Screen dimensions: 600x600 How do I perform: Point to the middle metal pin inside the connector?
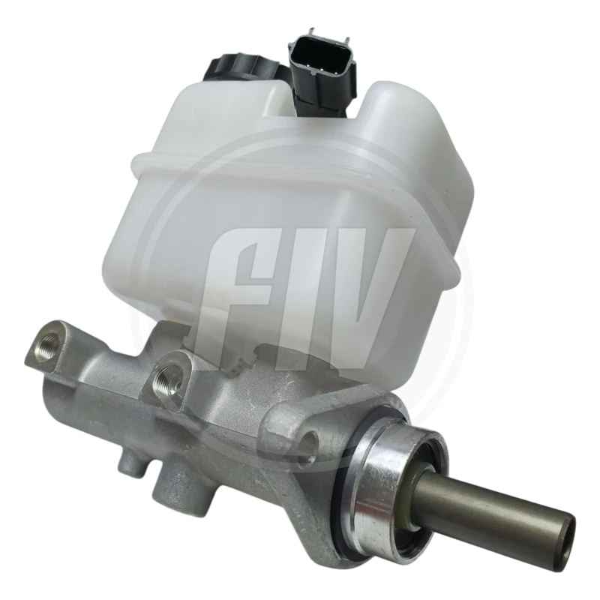tap(321, 69)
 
